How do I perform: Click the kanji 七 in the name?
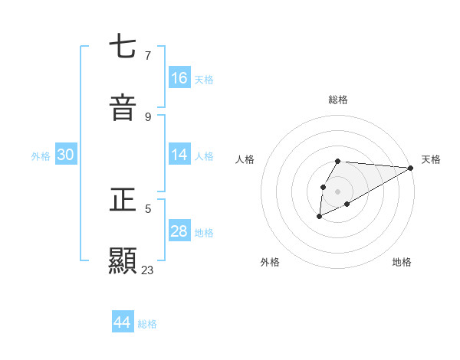(123, 47)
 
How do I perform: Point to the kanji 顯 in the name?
(123, 260)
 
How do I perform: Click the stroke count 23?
(148, 270)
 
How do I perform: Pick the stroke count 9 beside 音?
(148, 116)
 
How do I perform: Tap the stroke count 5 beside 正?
(148, 208)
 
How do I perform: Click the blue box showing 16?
(179, 78)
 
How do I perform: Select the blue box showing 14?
(179, 155)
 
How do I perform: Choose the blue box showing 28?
(179, 231)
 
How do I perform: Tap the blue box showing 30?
(66, 155)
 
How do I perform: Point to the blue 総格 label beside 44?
(147, 324)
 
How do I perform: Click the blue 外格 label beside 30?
(41, 156)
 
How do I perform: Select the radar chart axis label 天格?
(431, 159)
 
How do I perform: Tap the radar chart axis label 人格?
(245, 159)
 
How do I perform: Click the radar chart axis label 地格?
(402, 262)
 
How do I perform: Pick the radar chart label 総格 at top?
(338, 100)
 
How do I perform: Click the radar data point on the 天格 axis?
(410, 168)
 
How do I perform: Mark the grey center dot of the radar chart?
(338, 191)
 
